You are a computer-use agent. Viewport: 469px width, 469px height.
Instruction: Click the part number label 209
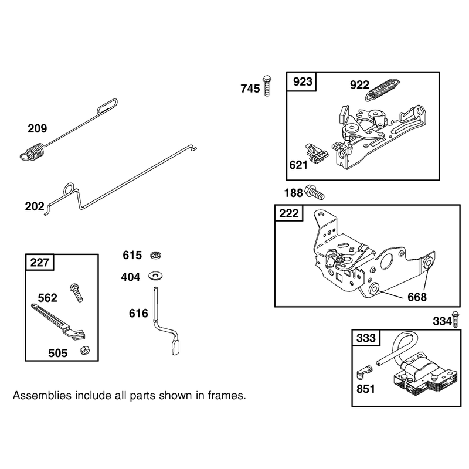coord(38,128)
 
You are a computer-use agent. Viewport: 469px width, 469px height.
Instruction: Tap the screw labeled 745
coord(267,86)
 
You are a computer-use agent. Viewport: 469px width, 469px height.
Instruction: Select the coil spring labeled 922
coord(383,89)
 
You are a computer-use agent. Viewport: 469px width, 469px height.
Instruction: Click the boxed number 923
coord(303,81)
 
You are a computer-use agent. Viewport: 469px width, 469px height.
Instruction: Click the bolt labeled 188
coord(314,192)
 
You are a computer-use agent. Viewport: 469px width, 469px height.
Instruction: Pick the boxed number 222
coord(289,213)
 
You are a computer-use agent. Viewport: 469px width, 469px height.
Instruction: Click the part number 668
coord(417,297)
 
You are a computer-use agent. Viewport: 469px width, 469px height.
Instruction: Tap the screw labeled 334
coord(456,319)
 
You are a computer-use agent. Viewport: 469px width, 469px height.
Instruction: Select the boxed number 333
coord(366,338)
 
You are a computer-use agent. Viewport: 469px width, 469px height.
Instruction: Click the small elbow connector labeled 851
coord(364,371)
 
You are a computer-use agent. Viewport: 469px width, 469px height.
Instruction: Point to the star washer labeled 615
coord(155,255)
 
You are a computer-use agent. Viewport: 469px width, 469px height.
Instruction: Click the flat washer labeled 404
coord(155,276)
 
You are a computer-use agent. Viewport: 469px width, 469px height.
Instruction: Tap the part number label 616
coord(138,314)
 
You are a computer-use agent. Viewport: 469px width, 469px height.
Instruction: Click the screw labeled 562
coord(76,292)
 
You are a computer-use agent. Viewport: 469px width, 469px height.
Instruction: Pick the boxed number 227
coord(40,263)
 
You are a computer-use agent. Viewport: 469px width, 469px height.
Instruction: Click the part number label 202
coord(35,206)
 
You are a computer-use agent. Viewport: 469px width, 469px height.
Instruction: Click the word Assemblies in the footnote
coord(42,396)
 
